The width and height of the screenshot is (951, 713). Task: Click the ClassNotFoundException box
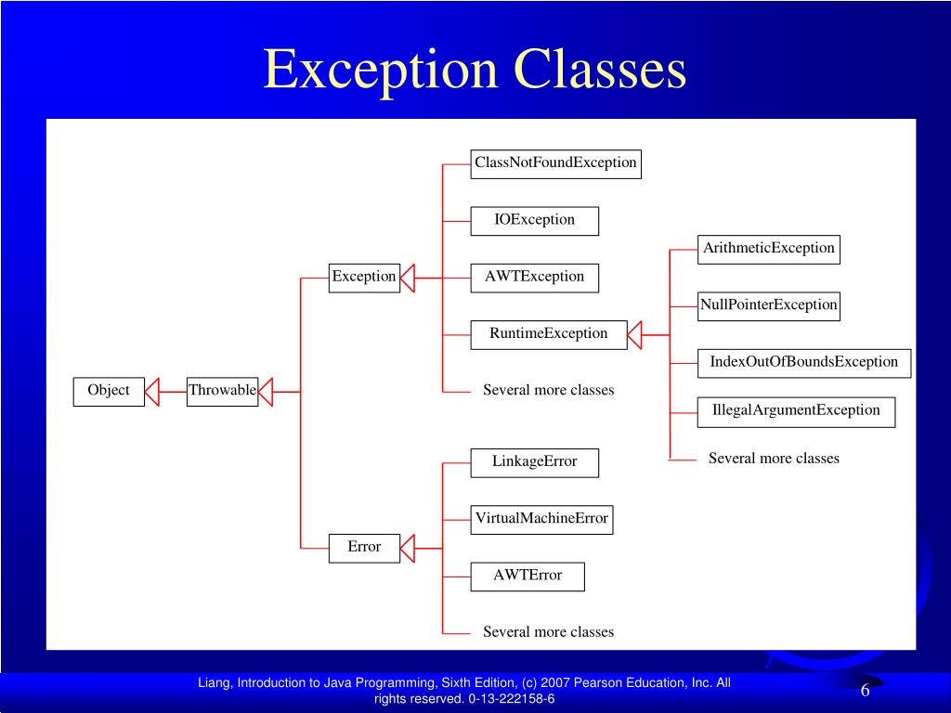555,163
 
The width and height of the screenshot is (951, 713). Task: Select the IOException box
534,221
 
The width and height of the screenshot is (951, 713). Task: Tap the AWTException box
534,277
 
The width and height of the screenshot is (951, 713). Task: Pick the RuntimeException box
549,334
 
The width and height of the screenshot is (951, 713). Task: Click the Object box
109,391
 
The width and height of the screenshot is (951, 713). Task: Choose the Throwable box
222,391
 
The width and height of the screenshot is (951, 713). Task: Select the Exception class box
364,277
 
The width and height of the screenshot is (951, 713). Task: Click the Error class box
364,548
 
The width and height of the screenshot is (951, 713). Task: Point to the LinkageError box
534,462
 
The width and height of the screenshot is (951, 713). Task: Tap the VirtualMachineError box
541,519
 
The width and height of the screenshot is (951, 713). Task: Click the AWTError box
528,576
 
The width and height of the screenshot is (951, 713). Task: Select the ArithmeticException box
768,249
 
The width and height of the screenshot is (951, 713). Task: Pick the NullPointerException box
768,305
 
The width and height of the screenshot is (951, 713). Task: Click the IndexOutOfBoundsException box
803,363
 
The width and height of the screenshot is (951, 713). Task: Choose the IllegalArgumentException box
796,411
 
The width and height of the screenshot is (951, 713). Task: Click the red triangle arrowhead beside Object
152,391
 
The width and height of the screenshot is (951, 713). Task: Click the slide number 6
865,691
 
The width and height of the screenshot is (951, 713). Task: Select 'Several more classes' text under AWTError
548,632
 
